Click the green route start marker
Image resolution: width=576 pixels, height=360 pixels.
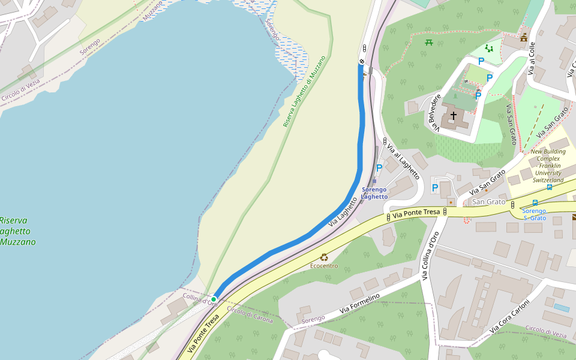click(214, 299)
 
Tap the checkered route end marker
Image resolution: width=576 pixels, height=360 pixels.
click(362, 61)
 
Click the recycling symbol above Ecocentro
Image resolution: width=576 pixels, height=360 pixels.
click(324, 257)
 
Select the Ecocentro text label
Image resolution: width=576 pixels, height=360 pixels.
click(324, 266)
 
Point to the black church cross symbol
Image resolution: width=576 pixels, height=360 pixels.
click(454, 115)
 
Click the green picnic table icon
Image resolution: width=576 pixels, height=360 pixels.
click(429, 43)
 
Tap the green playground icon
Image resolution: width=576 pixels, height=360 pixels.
click(489, 49)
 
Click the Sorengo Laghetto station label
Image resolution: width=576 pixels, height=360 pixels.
click(374, 193)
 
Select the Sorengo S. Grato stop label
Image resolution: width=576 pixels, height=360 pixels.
click(534, 214)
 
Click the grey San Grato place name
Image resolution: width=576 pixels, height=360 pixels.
click(489, 202)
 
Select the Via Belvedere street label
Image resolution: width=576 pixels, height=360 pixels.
click(435, 112)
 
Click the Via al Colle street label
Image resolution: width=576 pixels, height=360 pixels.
click(531, 59)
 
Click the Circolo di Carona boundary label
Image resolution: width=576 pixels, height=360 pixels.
click(250, 314)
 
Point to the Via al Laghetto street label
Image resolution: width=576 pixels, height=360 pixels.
click(403, 161)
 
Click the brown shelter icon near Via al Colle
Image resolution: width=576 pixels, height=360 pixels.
click(524, 38)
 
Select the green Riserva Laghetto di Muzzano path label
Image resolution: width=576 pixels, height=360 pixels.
click(304, 91)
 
